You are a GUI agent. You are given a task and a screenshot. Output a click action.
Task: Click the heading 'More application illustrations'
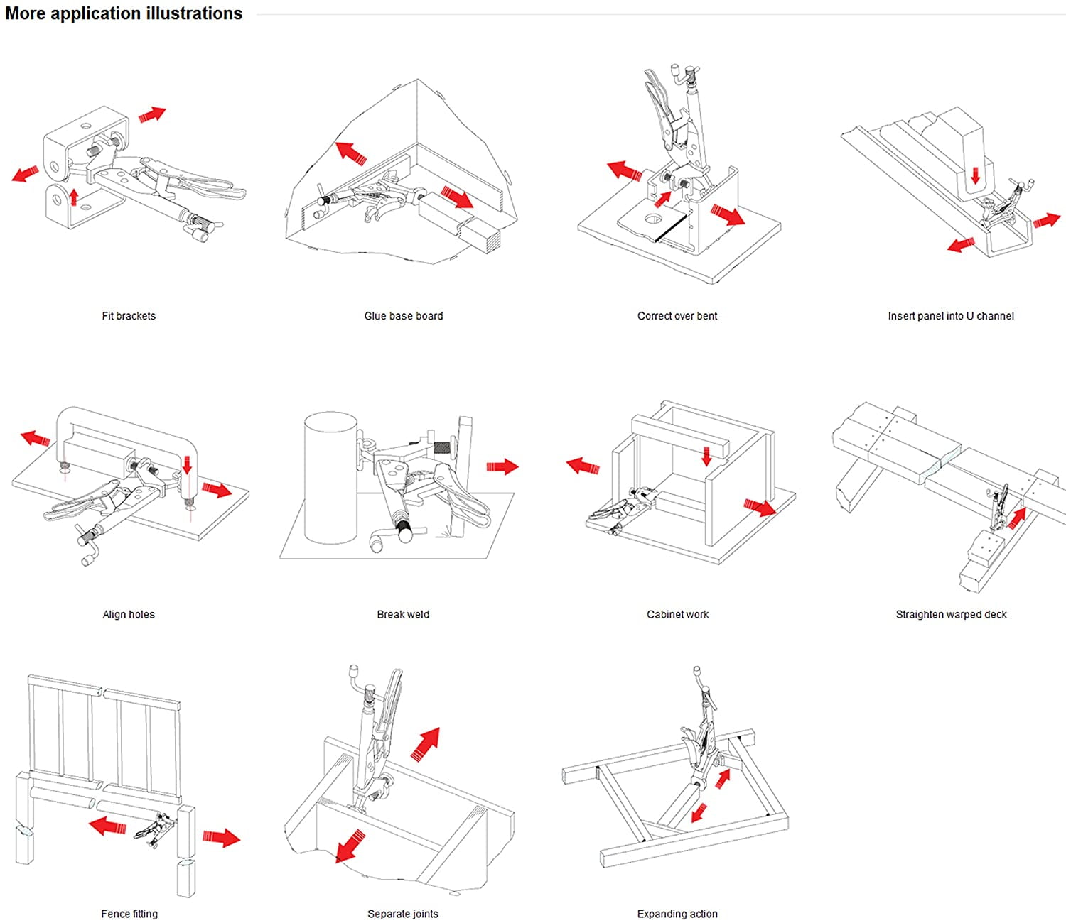pyautogui.click(x=124, y=13)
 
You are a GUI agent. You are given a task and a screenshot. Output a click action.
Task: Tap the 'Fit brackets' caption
pyautogui.click(x=129, y=316)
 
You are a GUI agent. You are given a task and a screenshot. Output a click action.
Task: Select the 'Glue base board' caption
pyautogui.click(x=403, y=316)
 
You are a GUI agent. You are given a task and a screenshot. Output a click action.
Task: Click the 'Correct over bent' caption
pyautogui.click(x=677, y=316)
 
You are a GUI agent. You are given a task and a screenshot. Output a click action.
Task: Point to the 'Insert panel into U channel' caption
pyautogui.click(x=951, y=316)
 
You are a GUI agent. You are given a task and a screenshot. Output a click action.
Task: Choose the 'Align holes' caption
pyautogui.click(x=129, y=614)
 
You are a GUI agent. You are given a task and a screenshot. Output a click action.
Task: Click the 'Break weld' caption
pyautogui.click(x=403, y=614)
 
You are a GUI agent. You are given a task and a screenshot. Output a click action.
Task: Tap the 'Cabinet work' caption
pyautogui.click(x=677, y=614)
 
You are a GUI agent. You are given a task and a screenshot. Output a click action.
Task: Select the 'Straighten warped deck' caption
pyautogui.click(x=951, y=614)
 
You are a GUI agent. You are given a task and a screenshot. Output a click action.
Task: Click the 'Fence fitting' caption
pyautogui.click(x=129, y=914)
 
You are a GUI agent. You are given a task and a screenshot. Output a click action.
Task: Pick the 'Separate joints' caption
pyautogui.click(x=403, y=914)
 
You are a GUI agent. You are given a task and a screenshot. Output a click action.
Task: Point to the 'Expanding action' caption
pyautogui.click(x=677, y=914)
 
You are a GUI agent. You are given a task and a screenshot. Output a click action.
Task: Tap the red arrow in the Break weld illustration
pyautogui.click(x=502, y=466)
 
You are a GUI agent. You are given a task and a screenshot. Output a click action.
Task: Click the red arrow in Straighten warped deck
pyautogui.click(x=1017, y=518)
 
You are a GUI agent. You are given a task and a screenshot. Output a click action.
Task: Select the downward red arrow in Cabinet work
pyautogui.click(x=706, y=457)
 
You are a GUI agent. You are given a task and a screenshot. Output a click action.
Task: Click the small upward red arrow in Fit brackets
pyautogui.click(x=73, y=196)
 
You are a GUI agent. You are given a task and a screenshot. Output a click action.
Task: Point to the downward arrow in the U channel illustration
pyautogui.click(x=975, y=175)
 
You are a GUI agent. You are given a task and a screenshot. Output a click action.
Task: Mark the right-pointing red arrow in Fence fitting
pyautogui.click(x=221, y=837)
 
